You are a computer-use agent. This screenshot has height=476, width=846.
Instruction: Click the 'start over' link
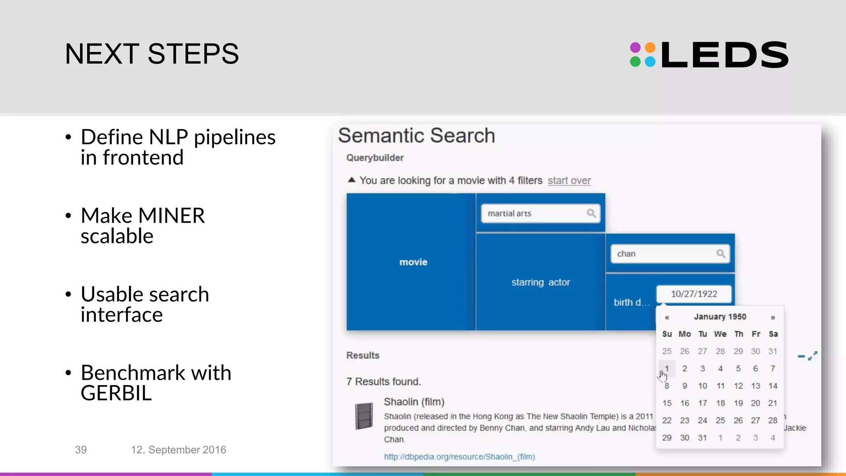569,181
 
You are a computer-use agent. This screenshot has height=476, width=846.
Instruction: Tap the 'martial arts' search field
533,214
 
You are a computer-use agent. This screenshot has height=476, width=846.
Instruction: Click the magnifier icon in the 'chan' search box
720,254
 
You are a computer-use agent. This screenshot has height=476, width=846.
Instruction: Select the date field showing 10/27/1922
694,294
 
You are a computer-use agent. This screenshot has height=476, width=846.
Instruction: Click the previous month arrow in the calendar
667,317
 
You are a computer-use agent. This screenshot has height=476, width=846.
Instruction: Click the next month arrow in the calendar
772,317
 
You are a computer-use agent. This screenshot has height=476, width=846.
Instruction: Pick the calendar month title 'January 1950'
720,317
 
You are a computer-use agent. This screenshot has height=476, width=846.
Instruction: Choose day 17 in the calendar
702,403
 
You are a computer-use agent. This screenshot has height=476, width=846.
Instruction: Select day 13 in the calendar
755,386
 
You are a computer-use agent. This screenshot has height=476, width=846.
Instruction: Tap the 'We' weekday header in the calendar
720,334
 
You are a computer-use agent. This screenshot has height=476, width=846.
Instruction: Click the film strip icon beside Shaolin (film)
364,416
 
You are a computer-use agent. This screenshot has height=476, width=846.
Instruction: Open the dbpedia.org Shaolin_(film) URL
459,457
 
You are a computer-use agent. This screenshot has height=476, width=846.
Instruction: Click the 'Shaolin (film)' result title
414,402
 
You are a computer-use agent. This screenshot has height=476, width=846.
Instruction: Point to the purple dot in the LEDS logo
635,48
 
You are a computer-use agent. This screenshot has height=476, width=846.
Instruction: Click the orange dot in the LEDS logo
650,48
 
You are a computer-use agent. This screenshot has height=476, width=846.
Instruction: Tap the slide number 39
81,450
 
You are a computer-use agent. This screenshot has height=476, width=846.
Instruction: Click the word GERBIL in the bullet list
116,393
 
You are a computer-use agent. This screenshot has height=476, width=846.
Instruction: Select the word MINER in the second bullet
171,216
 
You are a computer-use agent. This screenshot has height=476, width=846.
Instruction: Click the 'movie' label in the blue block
413,262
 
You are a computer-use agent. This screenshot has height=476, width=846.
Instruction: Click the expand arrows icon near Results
813,356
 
